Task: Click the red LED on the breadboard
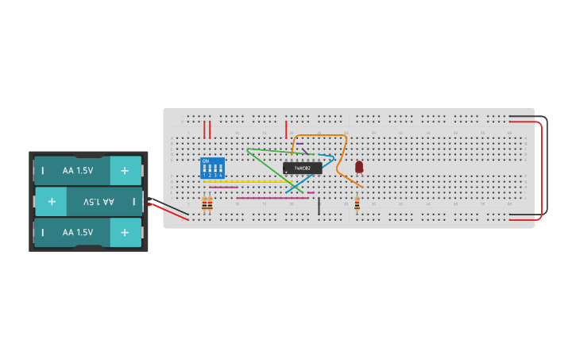point(359,166)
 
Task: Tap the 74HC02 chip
point(302,168)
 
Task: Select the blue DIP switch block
point(212,168)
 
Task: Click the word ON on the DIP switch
point(206,161)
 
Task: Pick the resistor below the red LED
point(357,204)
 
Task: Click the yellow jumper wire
point(246,181)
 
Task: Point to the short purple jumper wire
point(305,150)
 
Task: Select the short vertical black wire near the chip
point(319,206)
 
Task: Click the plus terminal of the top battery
point(125,170)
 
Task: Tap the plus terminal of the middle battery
point(52,202)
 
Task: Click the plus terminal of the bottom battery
point(125,232)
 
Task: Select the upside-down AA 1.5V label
point(98,202)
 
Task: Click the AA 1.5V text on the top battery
point(78,170)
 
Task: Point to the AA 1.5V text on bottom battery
point(78,232)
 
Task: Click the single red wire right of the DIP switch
point(286,130)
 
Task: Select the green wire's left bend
point(249,149)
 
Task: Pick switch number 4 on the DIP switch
point(220,170)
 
